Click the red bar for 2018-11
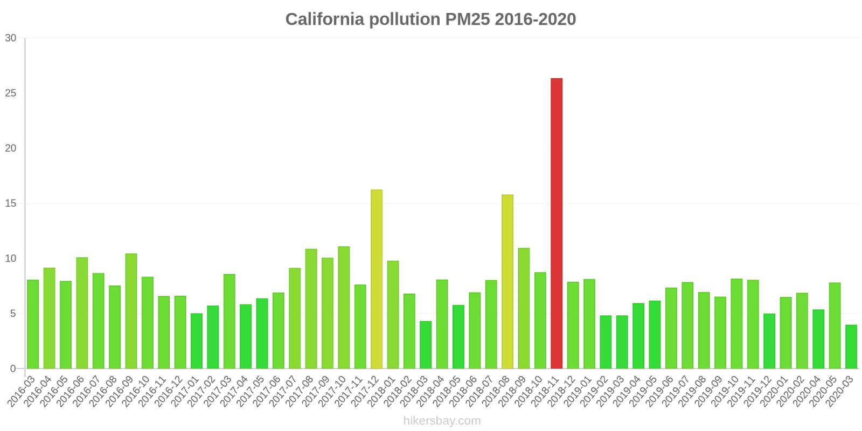[557, 224]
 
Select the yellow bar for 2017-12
[377, 279]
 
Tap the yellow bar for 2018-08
[508, 282]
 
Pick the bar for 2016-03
[33, 324]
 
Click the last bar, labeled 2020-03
[851, 347]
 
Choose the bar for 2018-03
[426, 345]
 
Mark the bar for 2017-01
[197, 341]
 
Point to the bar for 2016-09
[131, 311]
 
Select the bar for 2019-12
[769, 341]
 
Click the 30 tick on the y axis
[11, 38]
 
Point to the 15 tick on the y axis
[11, 204]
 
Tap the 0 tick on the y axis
[13, 369]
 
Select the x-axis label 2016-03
[22, 391]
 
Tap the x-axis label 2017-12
[366, 391]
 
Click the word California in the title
[325, 19]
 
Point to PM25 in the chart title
[468, 19]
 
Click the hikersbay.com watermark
[442, 421]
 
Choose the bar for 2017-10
[344, 308]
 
